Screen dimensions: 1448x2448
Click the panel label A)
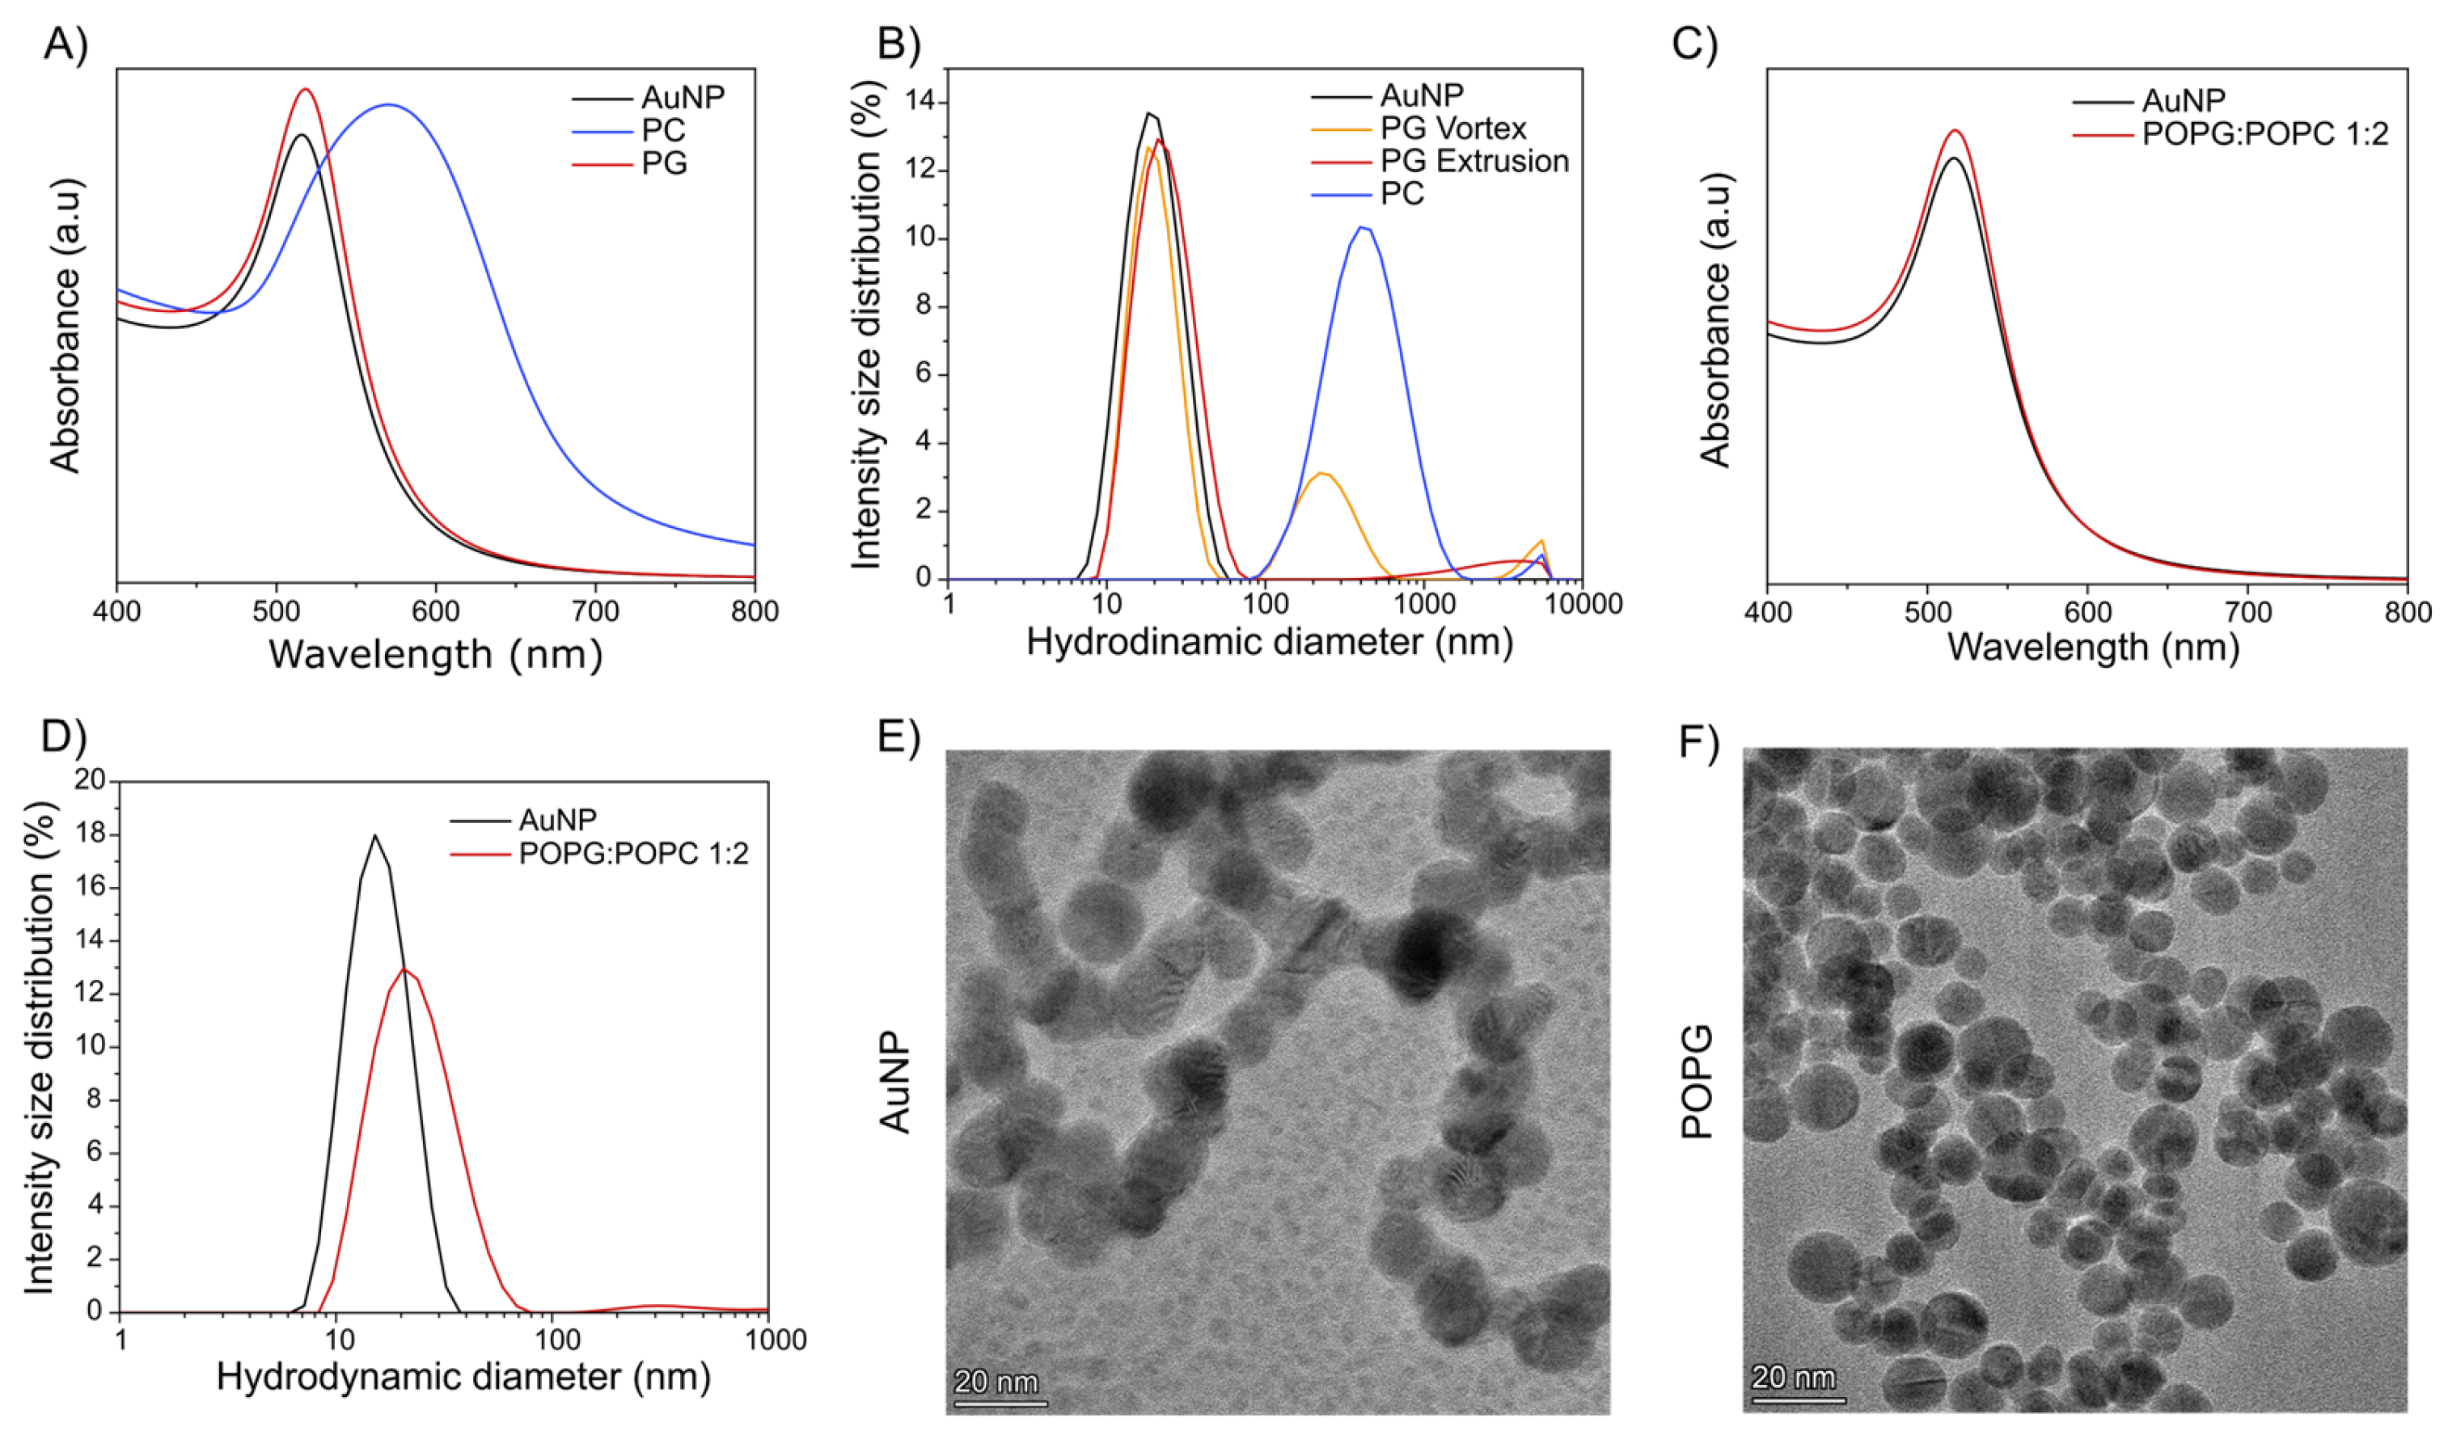click(66, 44)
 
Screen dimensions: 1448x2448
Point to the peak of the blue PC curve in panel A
click(388, 104)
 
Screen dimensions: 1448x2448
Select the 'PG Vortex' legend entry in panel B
click(1452, 128)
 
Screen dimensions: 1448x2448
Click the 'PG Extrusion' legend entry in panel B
click(1473, 161)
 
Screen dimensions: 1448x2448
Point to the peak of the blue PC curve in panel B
click(1363, 227)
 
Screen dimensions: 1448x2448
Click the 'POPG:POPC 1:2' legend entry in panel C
click(2264, 133)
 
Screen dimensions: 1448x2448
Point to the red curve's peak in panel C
click(1954, 130)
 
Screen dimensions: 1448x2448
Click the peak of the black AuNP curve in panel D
click(374, 835)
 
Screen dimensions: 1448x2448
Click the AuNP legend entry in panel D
click(557, 820)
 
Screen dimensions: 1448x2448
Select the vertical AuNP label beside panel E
click(895, 1083)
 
